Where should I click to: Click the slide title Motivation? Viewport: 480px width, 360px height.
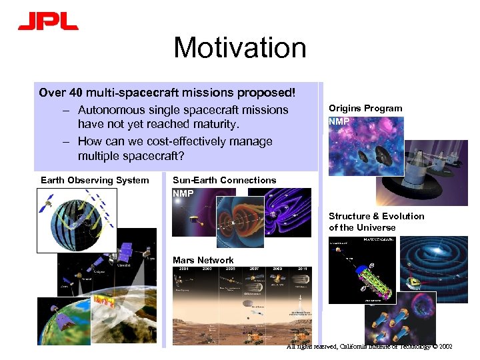(x=240, y=48)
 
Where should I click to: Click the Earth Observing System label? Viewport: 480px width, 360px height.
(x=95, y=180)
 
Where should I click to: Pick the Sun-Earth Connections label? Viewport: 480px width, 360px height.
(x=224, y=180)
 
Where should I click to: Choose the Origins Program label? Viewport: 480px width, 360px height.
(x=365, y=108)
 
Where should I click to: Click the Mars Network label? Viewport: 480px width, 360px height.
(x=203, y=260)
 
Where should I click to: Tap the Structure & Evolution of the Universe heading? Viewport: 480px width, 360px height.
(x=376, y=221)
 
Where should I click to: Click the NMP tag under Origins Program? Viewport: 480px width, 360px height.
(x=339, y=122)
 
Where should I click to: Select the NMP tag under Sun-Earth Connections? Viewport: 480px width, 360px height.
(x=183, y=193)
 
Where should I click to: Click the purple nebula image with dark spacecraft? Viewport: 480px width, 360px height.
(x=365, y=147)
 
